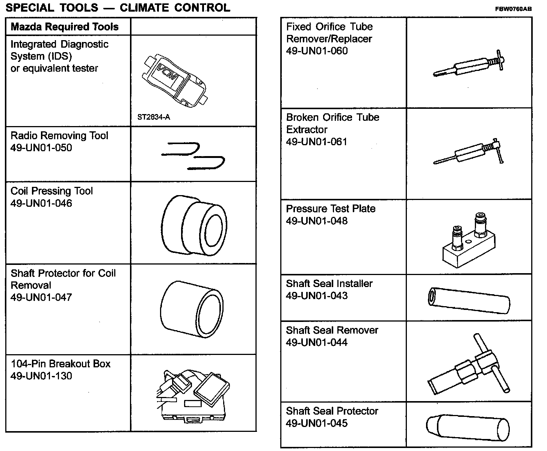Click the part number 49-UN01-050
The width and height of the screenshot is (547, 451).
pyautogui.click(x=41, y=148)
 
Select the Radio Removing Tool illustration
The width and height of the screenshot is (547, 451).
pyautogui.click(x=193, y=155)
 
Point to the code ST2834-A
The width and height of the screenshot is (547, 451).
pyautogui.click(x=154, y=117)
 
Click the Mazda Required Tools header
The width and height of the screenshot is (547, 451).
pyautogui.click(x=65, y=27)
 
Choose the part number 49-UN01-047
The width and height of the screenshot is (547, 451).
pyautogui.click(x=41, y=298)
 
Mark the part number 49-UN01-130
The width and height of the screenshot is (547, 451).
pyautogui.click(x=41, y=376)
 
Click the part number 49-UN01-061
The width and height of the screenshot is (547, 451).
pyautogui.click(x=317, y=142)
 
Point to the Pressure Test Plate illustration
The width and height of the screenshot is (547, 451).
pyautogui.click(x=468, y=240)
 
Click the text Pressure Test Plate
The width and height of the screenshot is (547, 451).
pyautogui.click(x=331, y=209)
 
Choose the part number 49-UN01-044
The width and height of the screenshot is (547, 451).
pyautogui.click(x=317, y=343)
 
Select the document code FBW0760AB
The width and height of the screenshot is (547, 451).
pyautogui.click(x=513, y=10)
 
